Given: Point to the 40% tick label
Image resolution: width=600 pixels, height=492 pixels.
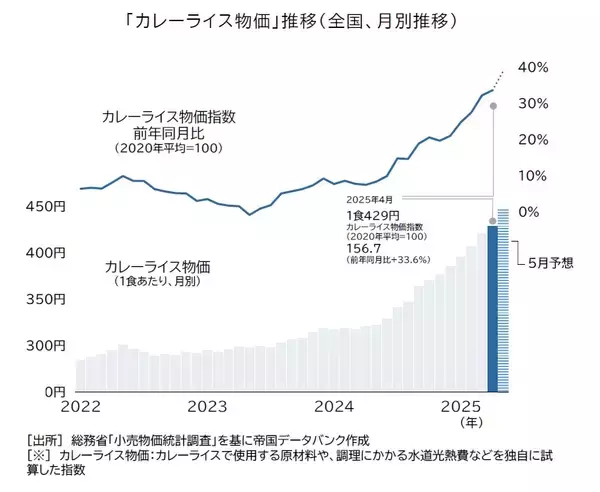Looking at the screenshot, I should pyautogui.click(x=534, y=67).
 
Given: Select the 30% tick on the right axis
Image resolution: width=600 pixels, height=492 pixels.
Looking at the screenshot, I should pyautogui.click(x=534, y=104).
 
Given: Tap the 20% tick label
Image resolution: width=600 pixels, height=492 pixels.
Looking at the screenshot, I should pyautogui.click(x=534, y=140).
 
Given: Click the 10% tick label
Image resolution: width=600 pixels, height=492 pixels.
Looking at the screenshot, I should pyautogui.click(x=534, y=177).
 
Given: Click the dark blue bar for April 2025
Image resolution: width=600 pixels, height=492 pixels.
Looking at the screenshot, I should pyautogui.click(x=492, y=310).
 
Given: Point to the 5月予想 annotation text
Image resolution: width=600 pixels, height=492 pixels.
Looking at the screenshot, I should pyautogui.click(x=552, y=263).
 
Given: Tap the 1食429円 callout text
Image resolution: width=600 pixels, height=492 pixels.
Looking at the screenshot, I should pyautogui.click(x=374, y=214).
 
